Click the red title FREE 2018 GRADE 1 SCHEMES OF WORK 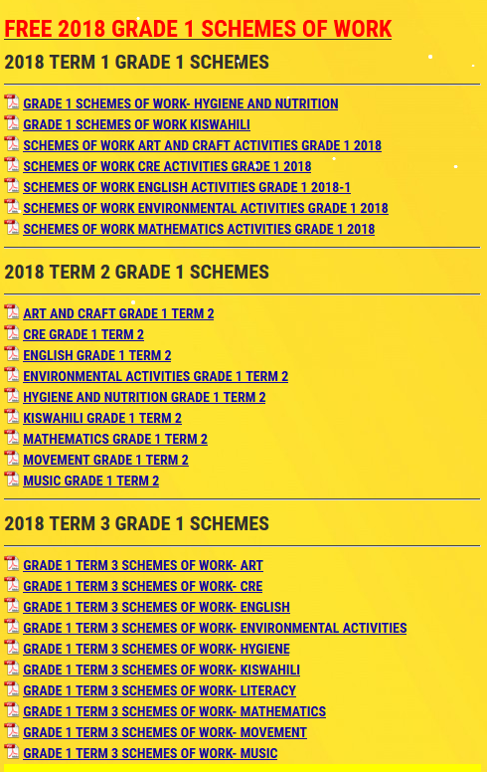click(197, 29)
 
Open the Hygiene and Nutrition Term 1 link click(180, 103)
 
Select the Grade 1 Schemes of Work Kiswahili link click(136, 124)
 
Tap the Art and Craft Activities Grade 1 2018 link click(202, 145)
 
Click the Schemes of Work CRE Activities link click(167, 166)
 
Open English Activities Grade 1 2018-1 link click(187, 187)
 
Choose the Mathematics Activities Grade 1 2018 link click(199, 229)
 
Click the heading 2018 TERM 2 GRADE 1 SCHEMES click(136, 272)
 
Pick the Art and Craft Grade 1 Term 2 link click(118, 313)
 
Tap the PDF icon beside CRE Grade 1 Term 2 click(11, 333)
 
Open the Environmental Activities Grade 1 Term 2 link click(155, 376)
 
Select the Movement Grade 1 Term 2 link click(105, 460)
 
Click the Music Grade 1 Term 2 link click(90, 481)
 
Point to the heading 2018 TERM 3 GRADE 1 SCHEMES click(136, 523)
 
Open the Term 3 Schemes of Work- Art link click(143, 565)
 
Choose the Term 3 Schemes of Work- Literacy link click(159, 690)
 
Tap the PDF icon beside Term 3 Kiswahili click(11, 669)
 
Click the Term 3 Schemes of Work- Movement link click(165, 732)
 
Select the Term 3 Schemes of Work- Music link click(150, 753)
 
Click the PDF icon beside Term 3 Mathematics click(11, 710)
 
